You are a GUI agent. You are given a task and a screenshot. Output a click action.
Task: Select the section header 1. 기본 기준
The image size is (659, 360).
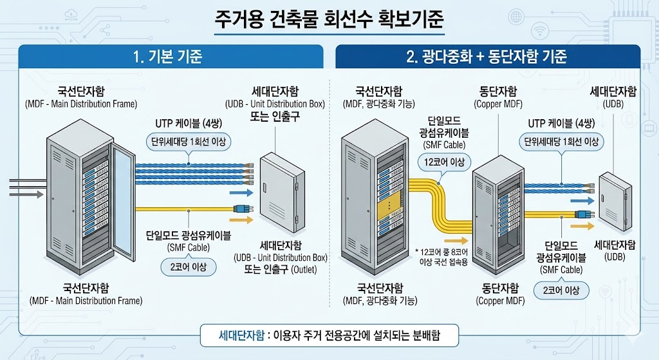[167, 57]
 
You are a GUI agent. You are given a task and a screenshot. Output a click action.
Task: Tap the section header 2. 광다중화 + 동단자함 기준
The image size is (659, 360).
[487, 57]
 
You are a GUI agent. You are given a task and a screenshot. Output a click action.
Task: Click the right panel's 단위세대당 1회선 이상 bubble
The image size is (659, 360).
[561, 142]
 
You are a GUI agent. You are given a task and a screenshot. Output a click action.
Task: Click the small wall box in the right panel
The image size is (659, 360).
[616, 200]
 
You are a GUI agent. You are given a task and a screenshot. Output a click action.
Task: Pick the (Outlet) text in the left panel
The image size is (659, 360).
[303, 270]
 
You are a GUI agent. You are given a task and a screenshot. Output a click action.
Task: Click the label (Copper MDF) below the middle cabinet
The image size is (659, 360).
[499, 300]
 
